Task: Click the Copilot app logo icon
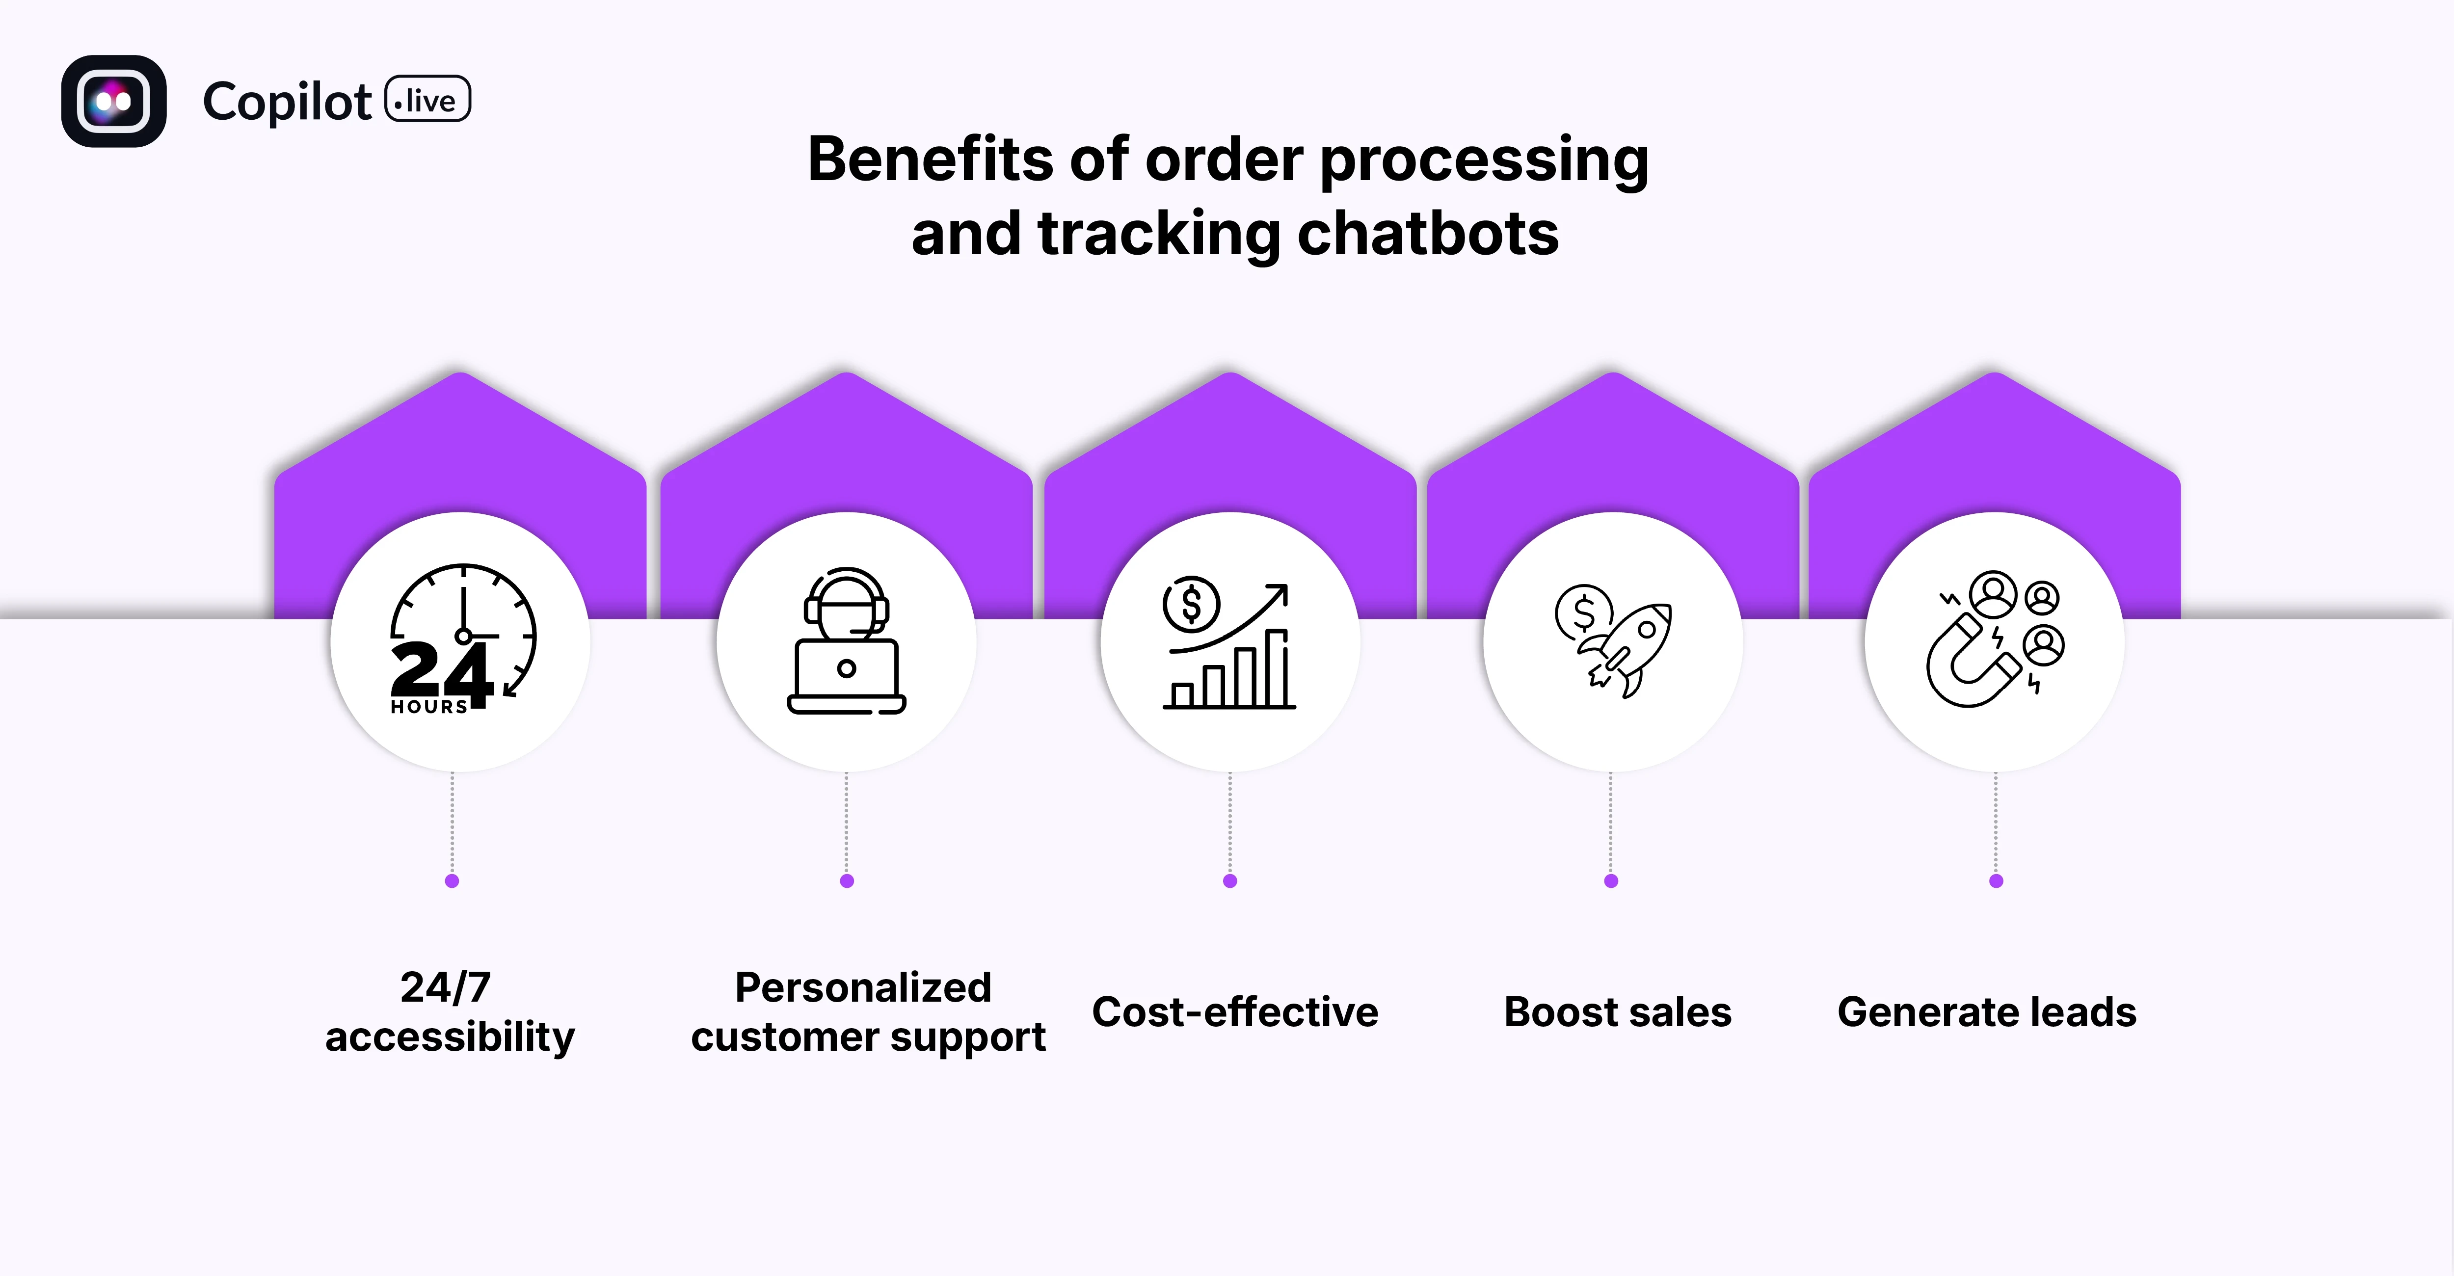[113, 101]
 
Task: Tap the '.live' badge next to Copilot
[428, 100]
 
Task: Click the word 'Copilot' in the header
[287, 102]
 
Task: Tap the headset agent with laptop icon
[846, 641]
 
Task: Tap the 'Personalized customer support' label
[867, 1011]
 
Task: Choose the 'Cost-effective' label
[1235, 1011]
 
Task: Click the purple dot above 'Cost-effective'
[1230, 881]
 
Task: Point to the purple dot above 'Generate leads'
[1996, 881]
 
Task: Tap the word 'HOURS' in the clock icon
[428, 707]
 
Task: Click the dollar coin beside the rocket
[1582, 612]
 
